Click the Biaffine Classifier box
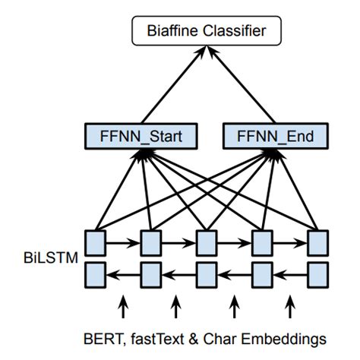click(207, 32)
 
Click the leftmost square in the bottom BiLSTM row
click(94, 271)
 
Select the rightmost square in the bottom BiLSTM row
click(318, 271)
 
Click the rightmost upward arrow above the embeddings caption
click(289, 306)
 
